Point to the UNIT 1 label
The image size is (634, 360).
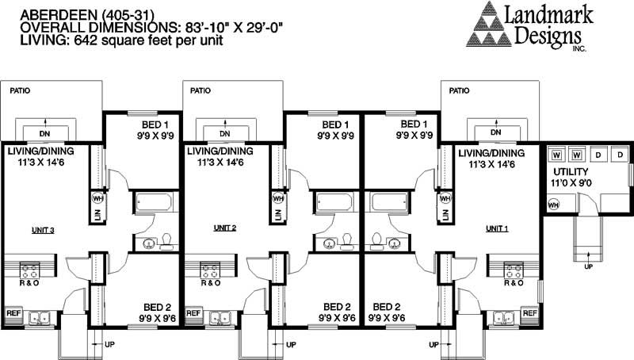[x=498, y=228]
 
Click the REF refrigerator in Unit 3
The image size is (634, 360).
[x=13, y=313]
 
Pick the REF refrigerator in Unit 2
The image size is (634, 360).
[x=193, y=313]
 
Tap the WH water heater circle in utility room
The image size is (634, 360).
[x=554, y=205]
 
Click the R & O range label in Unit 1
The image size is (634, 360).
[x=514, y=283]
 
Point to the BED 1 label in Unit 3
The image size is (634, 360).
[x=155, y=125]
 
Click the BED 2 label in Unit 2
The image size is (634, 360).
[x=335, y=307]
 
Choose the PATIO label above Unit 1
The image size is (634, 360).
[x=459, y=90]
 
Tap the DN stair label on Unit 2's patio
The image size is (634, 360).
[x=225, y=132]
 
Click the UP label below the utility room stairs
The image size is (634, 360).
[x=587, y=267]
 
